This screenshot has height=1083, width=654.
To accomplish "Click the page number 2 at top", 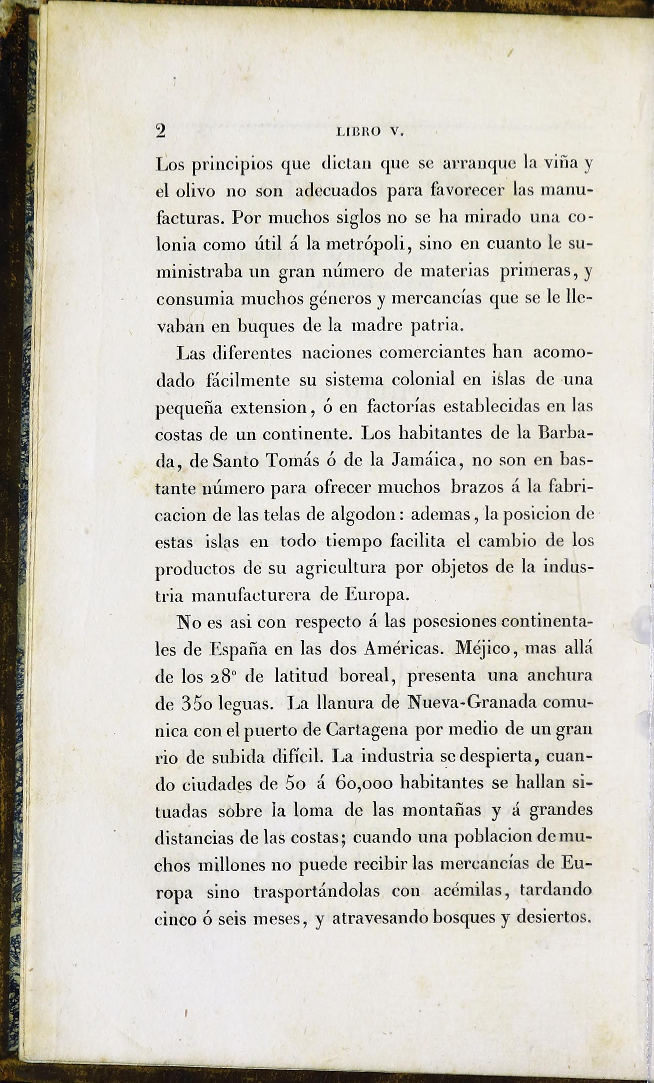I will (x=161, y=131).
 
